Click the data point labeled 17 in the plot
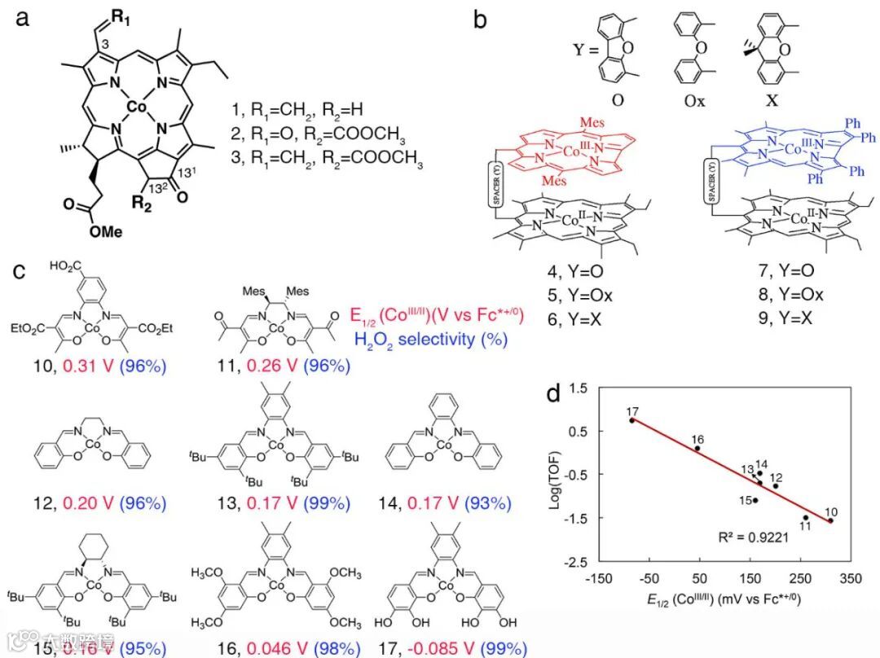(x=632, y=420)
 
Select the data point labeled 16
(x=697, y=449)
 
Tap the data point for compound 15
(x=755, y=500)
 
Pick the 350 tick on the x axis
(x=850, y=578)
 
